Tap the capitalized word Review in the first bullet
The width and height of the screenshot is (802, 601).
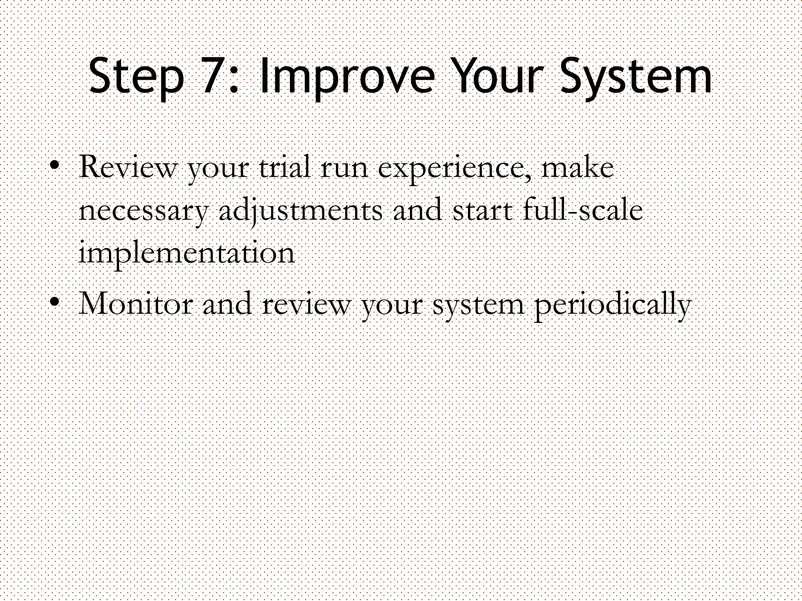(x=128, y=167)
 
